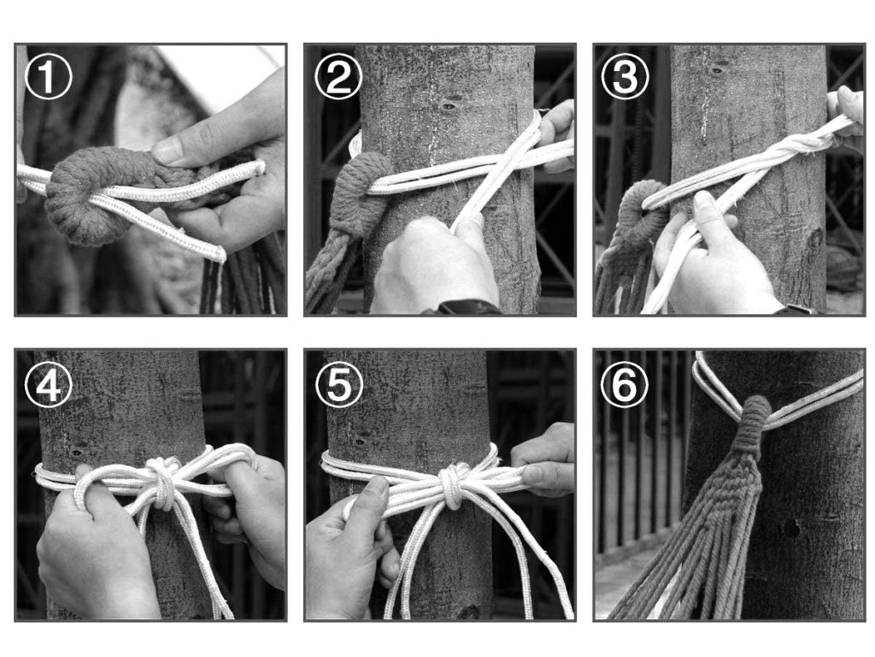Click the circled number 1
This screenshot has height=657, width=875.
[49, 76]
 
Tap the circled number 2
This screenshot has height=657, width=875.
[338, 76]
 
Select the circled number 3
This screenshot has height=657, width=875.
[625, 76]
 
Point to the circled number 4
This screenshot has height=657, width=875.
[49, 384]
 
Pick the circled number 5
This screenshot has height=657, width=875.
[338, 384]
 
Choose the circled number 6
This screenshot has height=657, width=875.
[625, 384]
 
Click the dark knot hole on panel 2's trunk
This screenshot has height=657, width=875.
[448, 105]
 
